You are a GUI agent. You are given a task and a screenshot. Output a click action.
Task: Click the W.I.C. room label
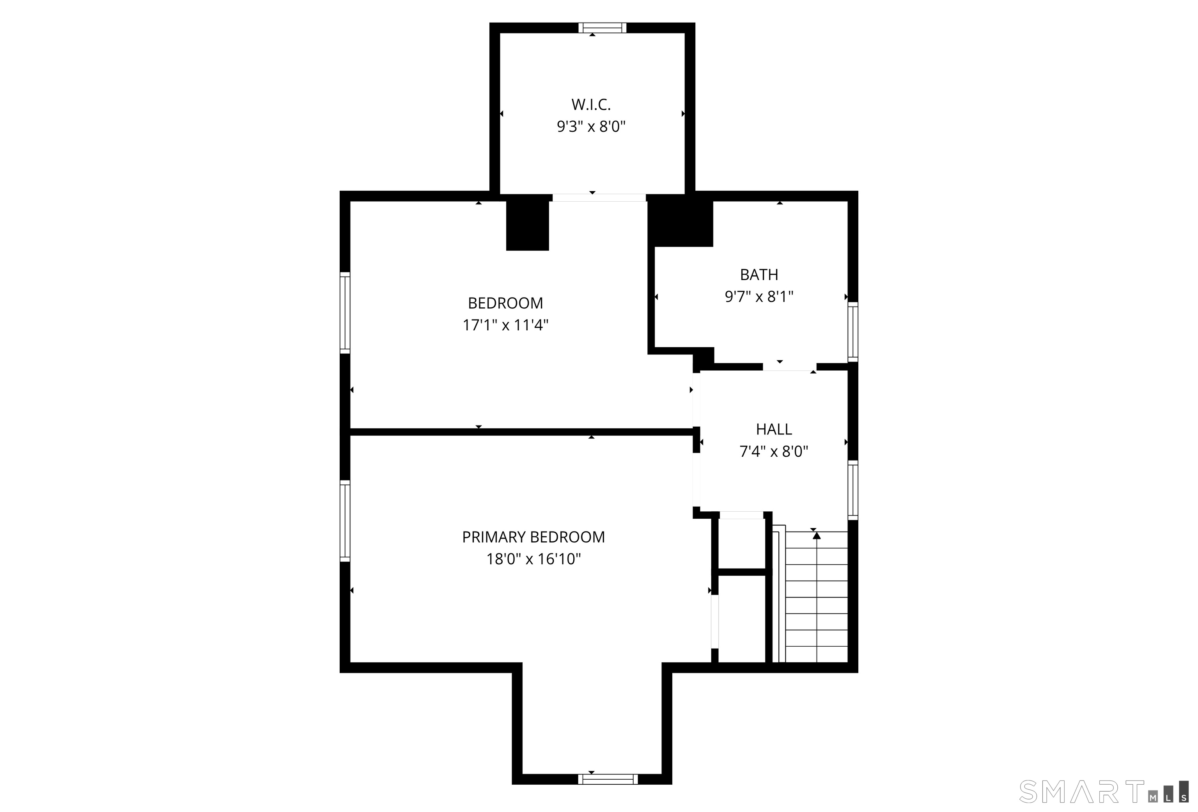point(591,105)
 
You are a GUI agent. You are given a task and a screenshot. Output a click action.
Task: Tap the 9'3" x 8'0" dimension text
point(591,126)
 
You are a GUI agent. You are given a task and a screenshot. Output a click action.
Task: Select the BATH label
point(759,275)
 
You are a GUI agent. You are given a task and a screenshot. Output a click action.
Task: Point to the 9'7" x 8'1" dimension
point(759,297)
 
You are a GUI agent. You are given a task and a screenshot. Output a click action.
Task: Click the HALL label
point(774,429)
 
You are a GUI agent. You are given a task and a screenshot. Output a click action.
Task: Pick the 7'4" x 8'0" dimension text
point(774,452)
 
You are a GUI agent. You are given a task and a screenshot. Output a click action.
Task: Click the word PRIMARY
point(494,537)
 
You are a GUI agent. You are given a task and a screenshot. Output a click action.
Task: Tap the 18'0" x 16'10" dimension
point(533,559)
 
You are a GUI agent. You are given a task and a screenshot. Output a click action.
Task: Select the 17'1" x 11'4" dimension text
point(505,325)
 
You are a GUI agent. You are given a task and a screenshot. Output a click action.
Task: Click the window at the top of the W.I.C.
point(602,28)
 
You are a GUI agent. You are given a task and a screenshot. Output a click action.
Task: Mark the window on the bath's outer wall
point(853,332)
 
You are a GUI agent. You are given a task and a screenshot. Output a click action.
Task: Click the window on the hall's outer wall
point(853,490)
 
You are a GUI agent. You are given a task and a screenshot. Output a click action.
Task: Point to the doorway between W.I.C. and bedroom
point(599,197)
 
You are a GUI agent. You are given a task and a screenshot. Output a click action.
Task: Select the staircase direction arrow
point(817,598)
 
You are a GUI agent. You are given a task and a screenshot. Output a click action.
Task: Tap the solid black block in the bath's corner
point(681,221)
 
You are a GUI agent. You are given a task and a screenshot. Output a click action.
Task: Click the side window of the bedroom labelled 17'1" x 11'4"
point(345,313)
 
